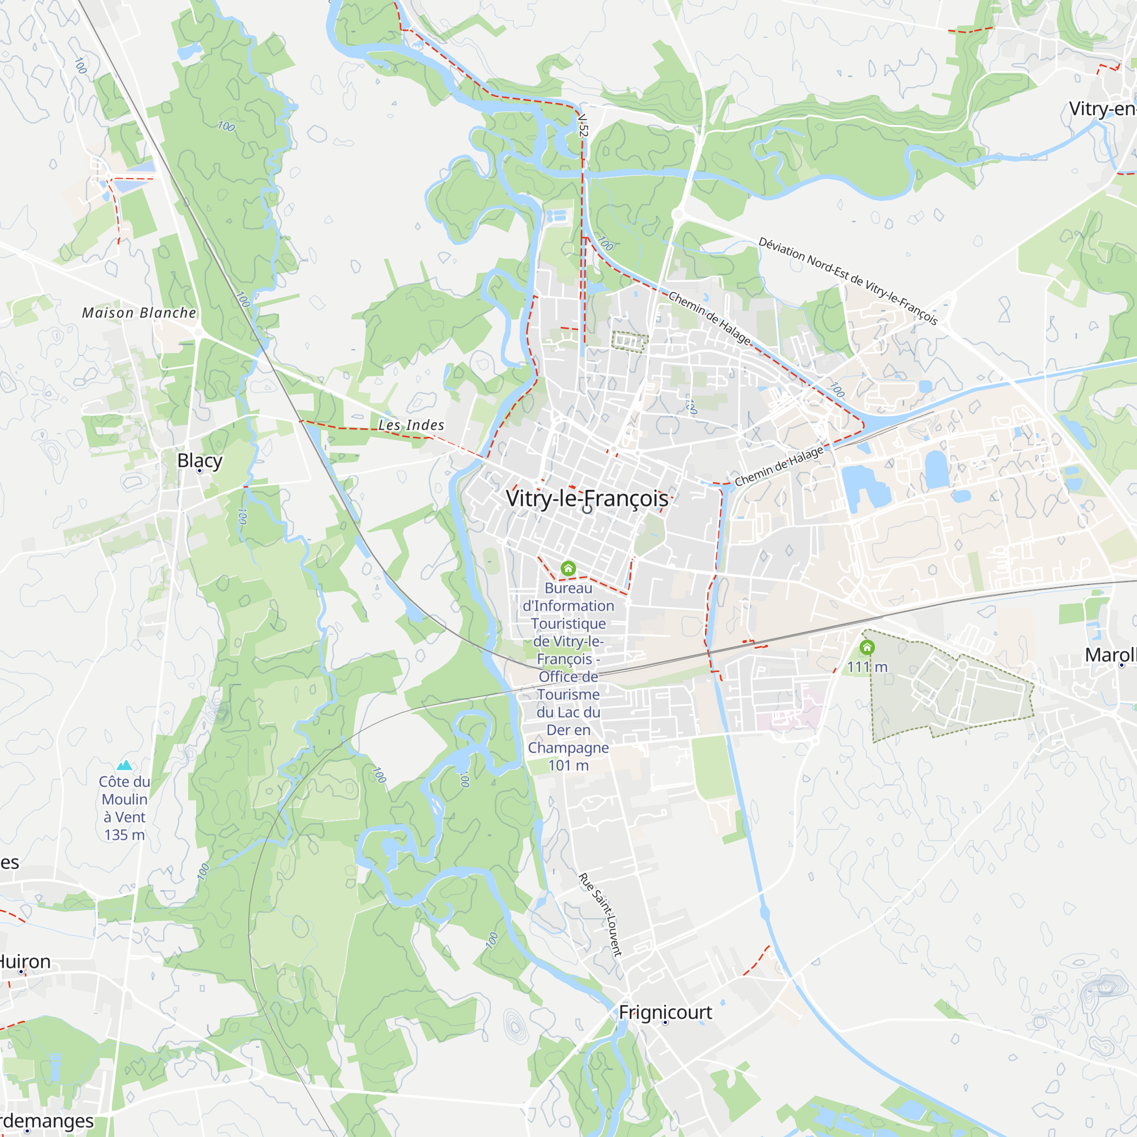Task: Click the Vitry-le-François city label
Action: [587, 499]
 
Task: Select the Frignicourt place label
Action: [665, 1012]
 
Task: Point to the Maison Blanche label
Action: [139, 313]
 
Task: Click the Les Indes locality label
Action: [412, 425]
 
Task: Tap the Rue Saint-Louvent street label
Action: [600, 915]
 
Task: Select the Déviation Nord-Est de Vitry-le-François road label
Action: [848, 281]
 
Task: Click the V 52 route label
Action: [583, 125]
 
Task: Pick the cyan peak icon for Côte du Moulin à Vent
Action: [124, 765]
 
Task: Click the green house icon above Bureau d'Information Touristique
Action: [568, 568]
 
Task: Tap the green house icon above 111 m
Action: [867, 648]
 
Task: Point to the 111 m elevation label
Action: [867, 667]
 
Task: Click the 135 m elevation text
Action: [124, 835]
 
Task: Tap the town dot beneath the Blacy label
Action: [200, 471]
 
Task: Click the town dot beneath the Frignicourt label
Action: [665, 1023]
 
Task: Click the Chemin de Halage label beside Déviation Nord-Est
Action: [709, 318]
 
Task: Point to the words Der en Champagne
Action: [568, 738]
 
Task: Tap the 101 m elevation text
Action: [568, 765]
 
